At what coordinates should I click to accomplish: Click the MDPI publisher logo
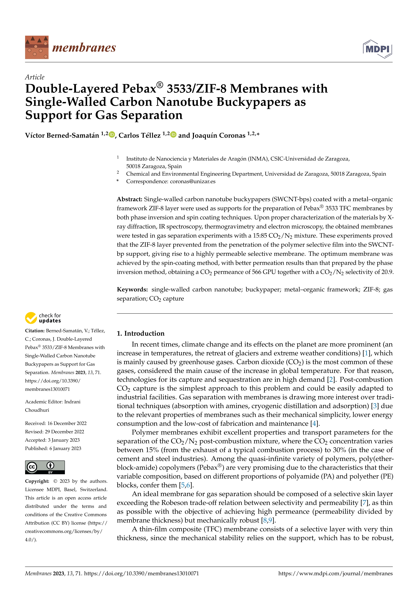pos(377,49)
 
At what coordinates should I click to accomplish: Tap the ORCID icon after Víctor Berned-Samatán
pos(112,134)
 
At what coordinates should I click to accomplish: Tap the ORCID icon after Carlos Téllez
pos(173,134)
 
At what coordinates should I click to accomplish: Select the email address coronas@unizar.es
pos(193,181)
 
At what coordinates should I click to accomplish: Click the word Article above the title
pos(35,77)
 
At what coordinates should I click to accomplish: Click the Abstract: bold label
pos(129,199)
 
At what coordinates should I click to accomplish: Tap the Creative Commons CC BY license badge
pos(45,467)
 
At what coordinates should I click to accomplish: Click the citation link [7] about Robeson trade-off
pos(364,503)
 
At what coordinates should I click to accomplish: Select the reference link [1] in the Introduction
pos(366,353)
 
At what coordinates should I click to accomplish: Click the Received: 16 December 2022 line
pos(56,423)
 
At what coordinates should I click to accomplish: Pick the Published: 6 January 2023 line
pos(53,448)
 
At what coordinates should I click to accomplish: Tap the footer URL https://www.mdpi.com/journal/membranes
pos(335,574)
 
